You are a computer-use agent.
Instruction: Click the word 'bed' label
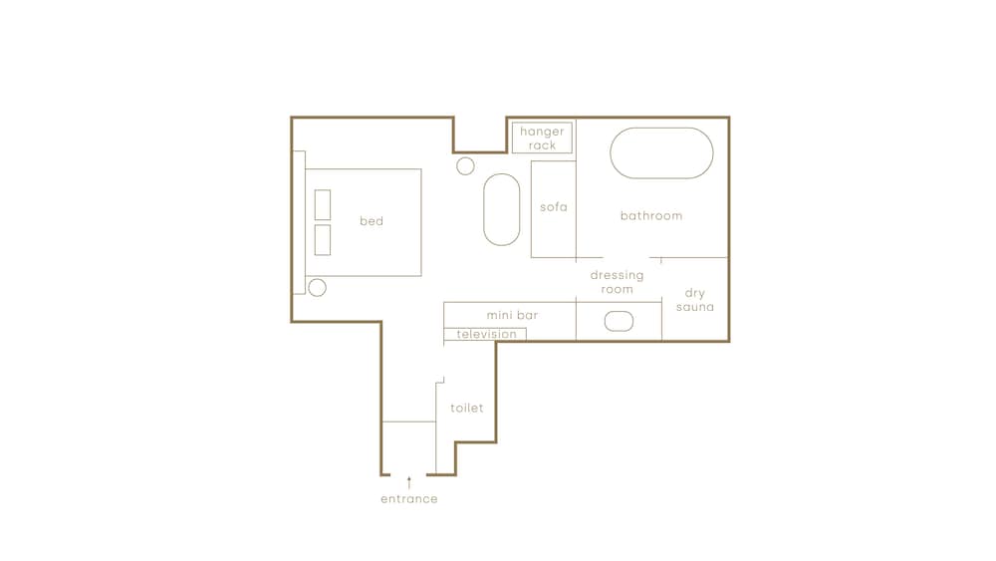pos(372,221)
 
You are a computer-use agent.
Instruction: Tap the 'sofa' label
pos(553,207)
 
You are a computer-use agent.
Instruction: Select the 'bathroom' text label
pos(651,216)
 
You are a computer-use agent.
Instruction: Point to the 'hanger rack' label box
pos(542,138)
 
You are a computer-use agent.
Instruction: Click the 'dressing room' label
pos(617,282)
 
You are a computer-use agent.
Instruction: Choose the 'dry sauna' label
pos(695,300)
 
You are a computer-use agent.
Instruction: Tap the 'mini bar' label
pos(512,315)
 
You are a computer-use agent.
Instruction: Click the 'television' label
pos(487,334)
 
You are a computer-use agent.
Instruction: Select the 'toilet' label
pos(467,408)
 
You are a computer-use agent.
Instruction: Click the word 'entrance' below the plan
pos(409,499)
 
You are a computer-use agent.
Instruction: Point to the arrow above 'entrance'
pos(409,482)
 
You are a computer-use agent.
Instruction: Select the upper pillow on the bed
pos(323,204)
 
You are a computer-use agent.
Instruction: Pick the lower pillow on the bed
pos(323,239)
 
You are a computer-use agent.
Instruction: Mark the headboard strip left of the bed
pos(299,222)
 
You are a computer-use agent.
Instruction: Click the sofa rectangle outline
pos(531,209)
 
